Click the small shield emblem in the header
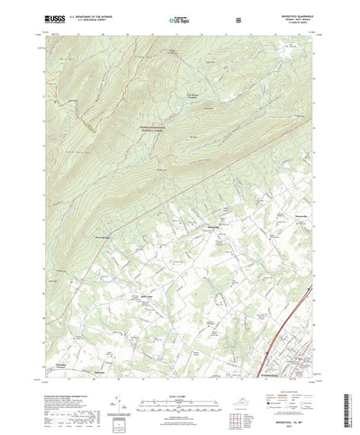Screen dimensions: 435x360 pyautogui.click(x=237, y=17)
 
